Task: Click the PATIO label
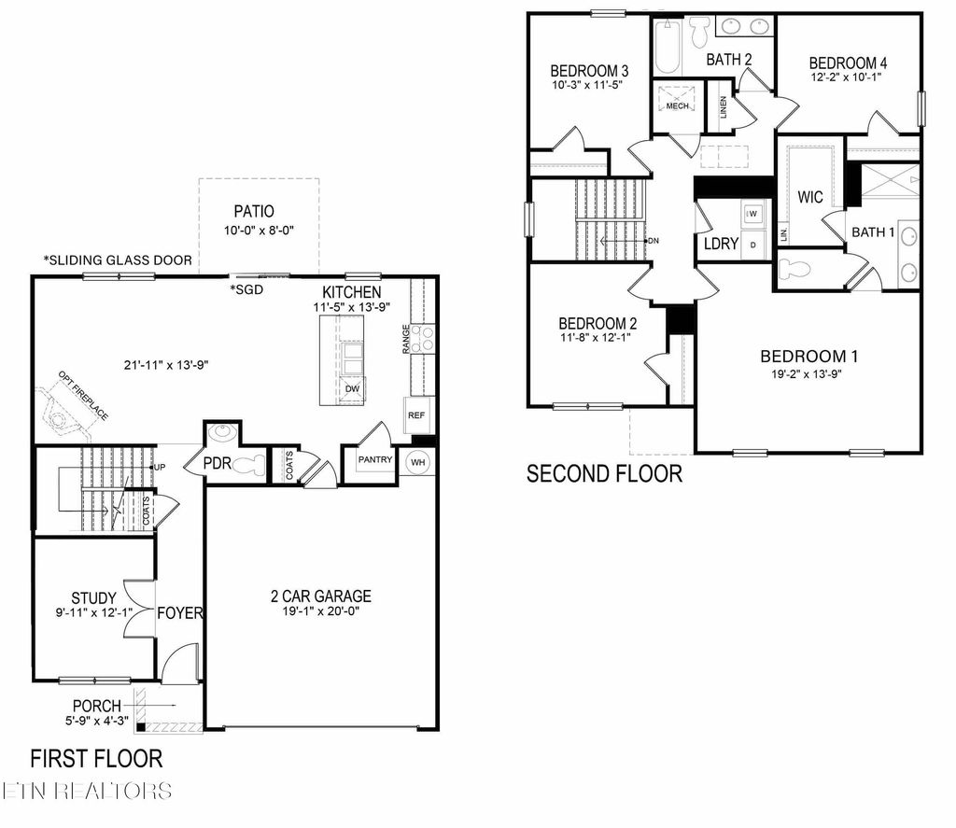[x=254, y=212]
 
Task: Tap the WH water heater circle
[x=417, y=461]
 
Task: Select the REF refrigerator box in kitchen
[x=415, y=414]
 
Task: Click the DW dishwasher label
[x=352, y=388]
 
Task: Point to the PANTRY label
[x=375, y=459]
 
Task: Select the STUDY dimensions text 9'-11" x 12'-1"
[x=93, y=612]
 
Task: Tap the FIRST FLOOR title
[x=96, y=757]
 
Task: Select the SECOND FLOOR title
[x=604, y=473]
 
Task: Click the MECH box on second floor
[x=677, y=101]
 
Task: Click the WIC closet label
[x=809, y=198]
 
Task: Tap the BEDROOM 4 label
[x=848, y=63]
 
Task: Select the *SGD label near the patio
[x=247, y=289]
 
